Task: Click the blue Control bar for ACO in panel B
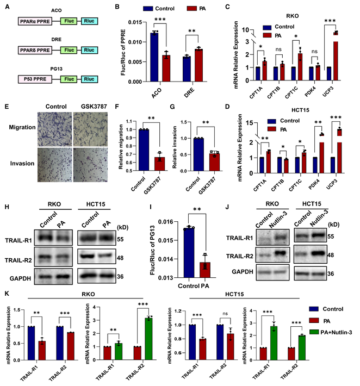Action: click(140, 56)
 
